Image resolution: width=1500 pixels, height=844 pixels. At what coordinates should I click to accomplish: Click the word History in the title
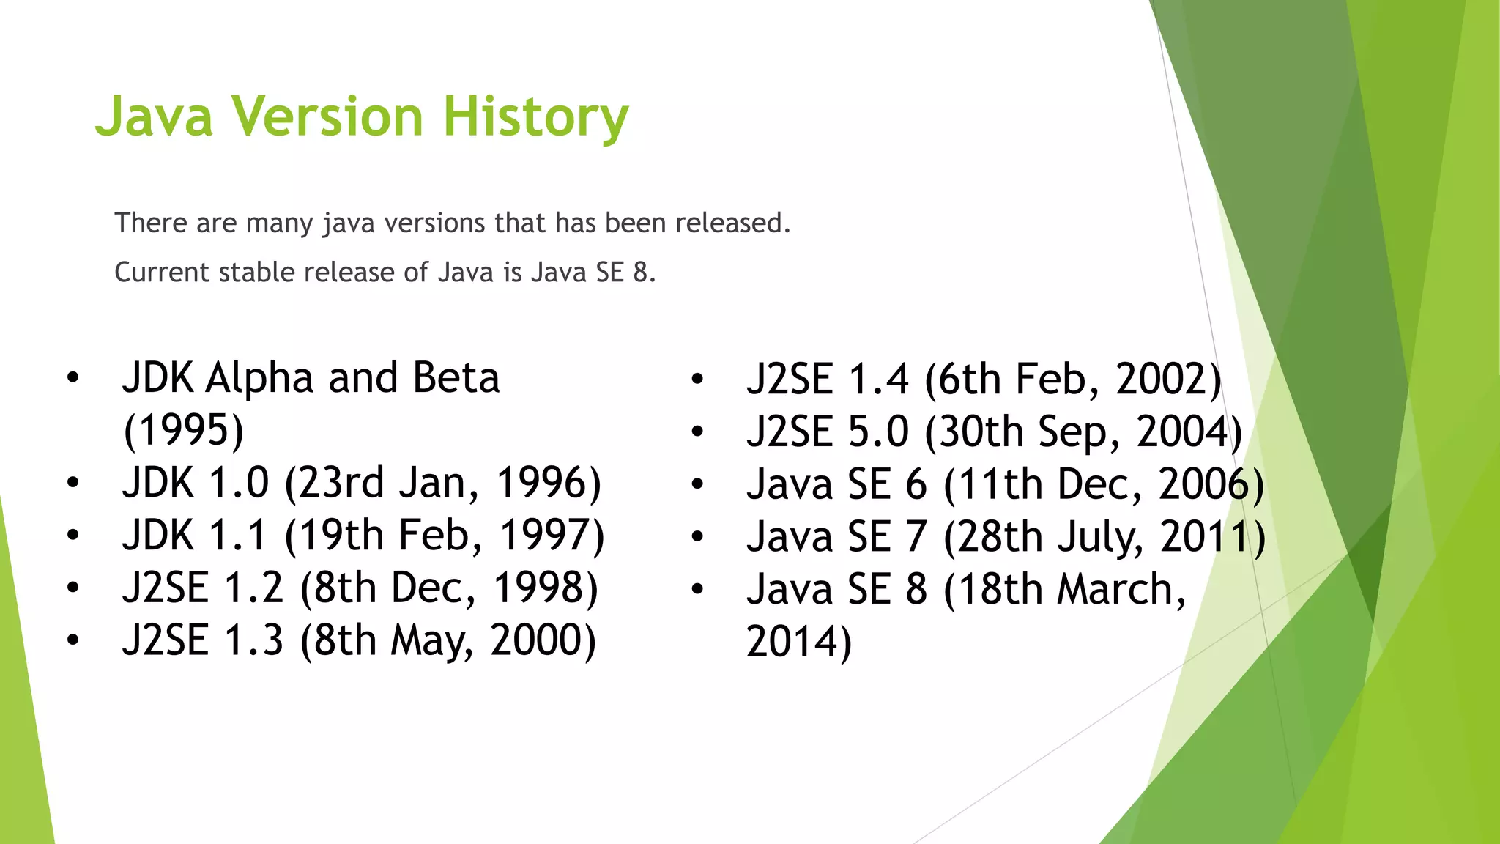(x=535, y=117)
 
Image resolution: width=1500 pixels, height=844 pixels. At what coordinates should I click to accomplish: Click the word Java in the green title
(x=154, y=117)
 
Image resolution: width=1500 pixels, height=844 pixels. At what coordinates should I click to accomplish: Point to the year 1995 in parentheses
(x=183, y=430)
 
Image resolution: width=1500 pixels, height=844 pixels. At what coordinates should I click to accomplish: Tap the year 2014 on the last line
(x=791, y=642)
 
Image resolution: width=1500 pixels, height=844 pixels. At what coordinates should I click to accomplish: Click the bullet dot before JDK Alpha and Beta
(x=72, y=379)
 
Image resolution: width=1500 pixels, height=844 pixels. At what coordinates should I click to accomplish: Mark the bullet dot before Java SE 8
(x=697, y=589)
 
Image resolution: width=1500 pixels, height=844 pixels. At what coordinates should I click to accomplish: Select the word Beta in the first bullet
(x=456, y=378)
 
